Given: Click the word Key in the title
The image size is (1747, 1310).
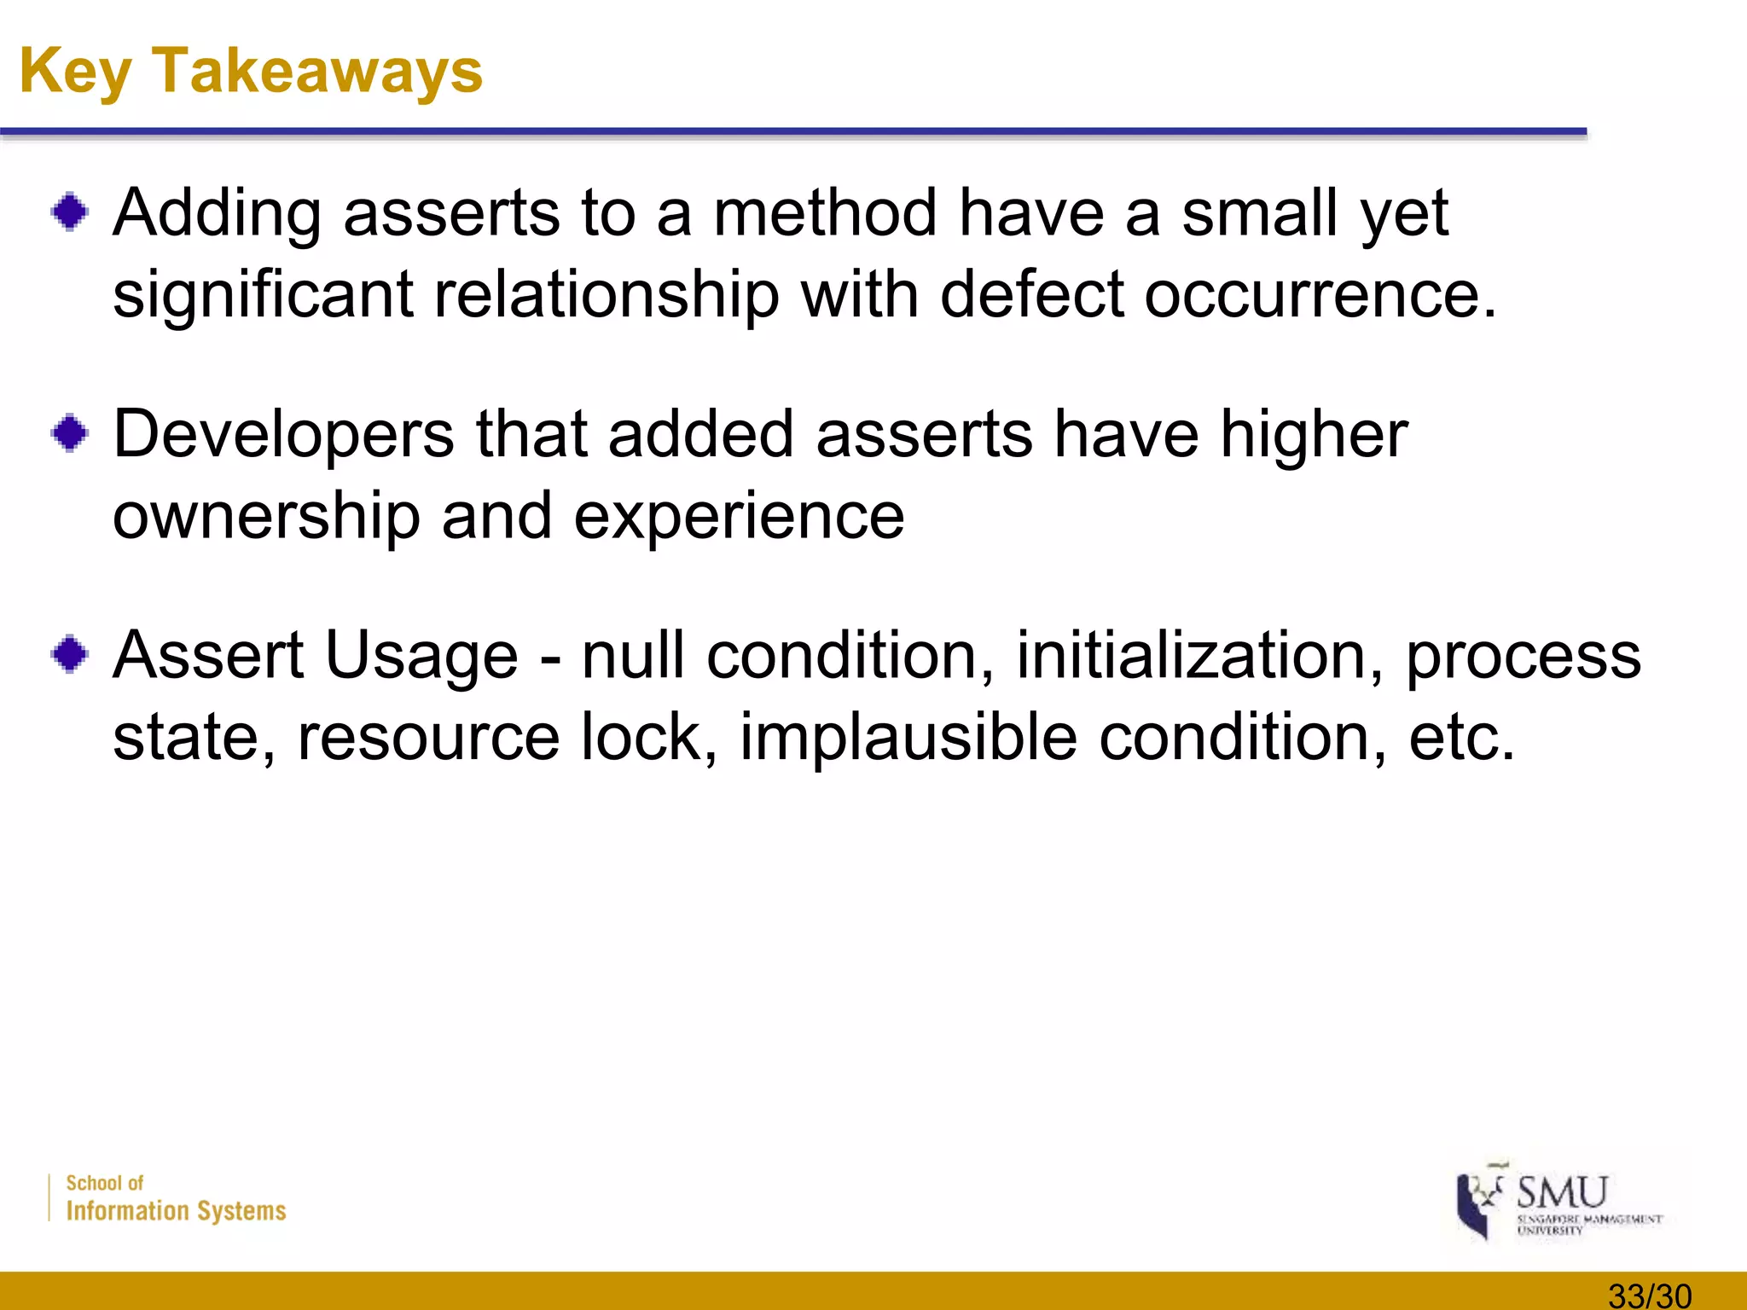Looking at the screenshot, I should (x=75, y=72).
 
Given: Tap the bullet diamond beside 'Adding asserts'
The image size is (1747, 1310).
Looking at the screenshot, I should (x=70, y=212).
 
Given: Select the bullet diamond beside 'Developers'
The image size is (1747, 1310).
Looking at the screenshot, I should (x=70, y=433).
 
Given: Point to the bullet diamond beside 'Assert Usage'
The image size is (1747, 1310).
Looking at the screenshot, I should (x=70, y=655).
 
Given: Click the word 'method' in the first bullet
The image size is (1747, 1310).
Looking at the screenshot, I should (x=825, y=212).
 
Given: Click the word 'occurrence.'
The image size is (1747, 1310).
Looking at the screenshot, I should (x=1320, y=294).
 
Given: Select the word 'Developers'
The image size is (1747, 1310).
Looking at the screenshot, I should (x=283, y=435).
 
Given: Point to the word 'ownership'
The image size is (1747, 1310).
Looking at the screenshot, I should (x=266, y=516).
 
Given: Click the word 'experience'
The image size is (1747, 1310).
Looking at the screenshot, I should (x=739, y=518).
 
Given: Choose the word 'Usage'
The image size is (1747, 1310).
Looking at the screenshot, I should (x=421, y=655).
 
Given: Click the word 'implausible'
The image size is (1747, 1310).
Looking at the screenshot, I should (x=908, y=736).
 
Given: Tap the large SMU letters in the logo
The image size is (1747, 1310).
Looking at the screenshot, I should (x=1562, y=1191).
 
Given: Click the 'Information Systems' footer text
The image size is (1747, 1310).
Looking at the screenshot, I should (x=176, y=1211).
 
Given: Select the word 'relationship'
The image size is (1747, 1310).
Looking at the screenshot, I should (x=607, y=294).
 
